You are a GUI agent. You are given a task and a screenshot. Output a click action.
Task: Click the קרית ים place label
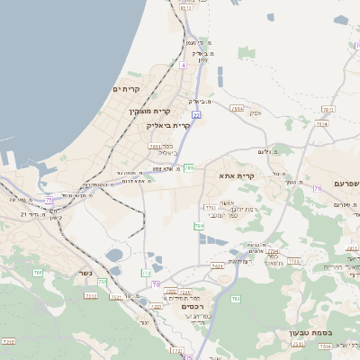(126, 89)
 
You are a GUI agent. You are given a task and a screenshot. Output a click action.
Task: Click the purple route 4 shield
(183, 65)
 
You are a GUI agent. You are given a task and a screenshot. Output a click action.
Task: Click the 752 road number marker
(103, 282)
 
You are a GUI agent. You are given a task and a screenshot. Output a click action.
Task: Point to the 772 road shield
(146, 272)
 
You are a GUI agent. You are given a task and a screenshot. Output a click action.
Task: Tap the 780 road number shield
(199, 226)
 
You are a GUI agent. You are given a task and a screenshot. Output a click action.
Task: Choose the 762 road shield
(235, 298)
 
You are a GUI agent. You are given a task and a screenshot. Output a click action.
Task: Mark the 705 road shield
(37, 273)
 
